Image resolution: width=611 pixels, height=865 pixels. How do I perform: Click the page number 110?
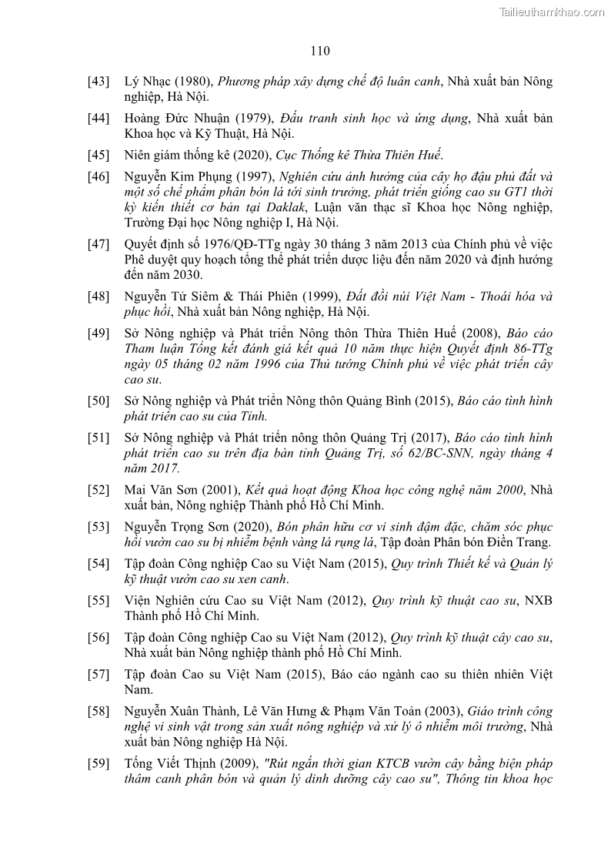point(320,52)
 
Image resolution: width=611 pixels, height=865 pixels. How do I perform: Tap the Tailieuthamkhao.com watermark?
point(552,12)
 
